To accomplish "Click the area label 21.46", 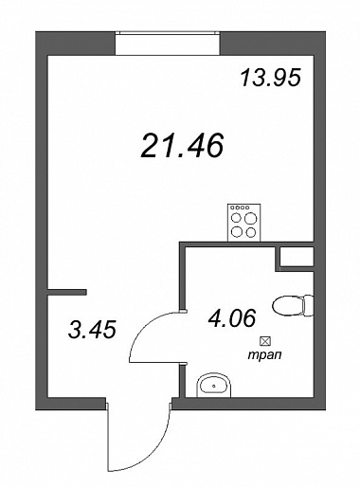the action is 182,145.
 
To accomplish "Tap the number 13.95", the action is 270,78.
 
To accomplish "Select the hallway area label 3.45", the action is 92,329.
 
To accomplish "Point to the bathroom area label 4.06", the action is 231,317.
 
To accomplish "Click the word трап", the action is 264,355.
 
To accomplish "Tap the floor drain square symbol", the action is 264,341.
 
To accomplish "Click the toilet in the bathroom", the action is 293,305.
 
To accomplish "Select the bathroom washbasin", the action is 214,385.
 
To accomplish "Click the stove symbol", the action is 244,223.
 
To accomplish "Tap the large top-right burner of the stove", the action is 251,218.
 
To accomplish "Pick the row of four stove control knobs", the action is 241,207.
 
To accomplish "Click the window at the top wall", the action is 167,44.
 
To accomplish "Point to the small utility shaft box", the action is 297,257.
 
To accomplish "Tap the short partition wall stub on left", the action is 66,292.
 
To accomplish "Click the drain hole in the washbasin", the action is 214,386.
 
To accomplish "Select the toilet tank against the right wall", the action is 309,305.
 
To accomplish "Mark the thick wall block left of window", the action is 75,44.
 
